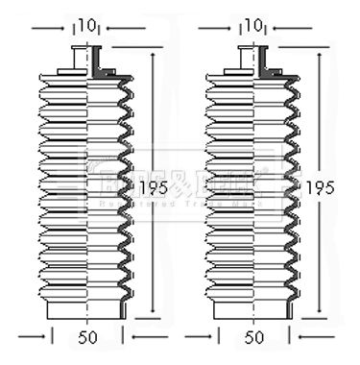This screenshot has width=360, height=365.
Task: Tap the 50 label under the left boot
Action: tap(88, 338)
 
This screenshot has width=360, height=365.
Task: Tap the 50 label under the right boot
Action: tap(256, 338)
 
